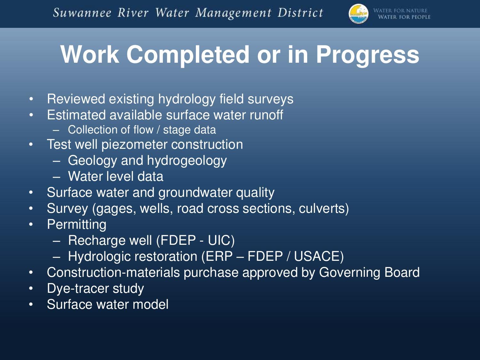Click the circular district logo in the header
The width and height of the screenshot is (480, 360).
tap(358, 13)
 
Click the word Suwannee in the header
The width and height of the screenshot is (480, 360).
tap(82, 13)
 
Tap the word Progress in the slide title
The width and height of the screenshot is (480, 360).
tap(368, 55)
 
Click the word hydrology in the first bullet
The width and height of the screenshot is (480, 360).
tap(187, 100)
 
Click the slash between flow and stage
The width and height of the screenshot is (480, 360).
tap(158, 130)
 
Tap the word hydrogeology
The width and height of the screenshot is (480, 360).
tap(187, 161)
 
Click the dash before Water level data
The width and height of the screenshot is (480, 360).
tap(56, 177)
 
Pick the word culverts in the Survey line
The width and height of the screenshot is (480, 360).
tap(324, 209)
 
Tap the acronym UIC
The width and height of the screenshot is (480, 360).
tap(221, 240)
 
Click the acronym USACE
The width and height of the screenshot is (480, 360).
tap(319, 256)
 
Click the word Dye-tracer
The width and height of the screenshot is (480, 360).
tap(78, 289)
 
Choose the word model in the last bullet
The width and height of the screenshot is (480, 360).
tap(150, 304)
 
